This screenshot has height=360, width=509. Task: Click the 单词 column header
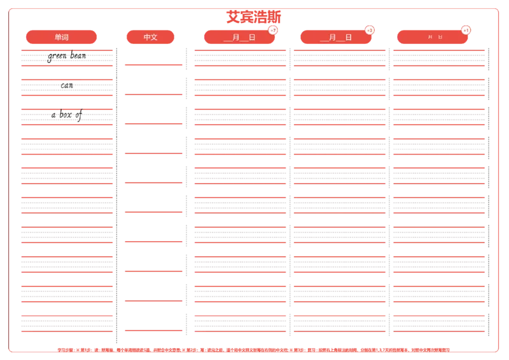click(62, 38)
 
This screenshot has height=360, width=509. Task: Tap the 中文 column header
click(151, 38)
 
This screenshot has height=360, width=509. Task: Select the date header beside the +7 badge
click(239, 38)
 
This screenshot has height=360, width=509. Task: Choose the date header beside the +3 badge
click(336, 38)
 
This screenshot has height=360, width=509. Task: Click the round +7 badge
click(273, 30)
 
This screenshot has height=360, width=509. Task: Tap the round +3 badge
click(370, 30)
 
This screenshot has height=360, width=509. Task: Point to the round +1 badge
click(466, 30)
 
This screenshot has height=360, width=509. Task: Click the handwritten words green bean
click(66, 57)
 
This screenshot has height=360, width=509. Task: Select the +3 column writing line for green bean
click(339, 57)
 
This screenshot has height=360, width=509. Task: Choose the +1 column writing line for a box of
click(438, 117)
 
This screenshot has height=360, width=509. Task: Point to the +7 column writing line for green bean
click(240, 57)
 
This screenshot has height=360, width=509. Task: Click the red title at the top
click(253, 16)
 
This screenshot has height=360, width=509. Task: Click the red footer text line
click(253, 349)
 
